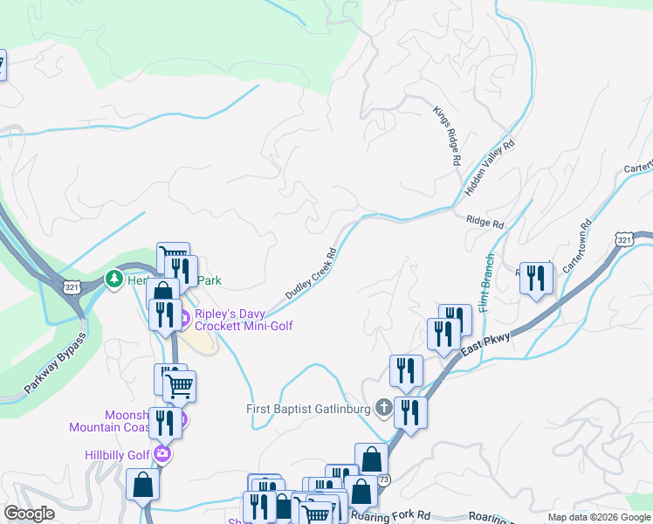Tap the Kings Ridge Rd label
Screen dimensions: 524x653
(x=445, y=136)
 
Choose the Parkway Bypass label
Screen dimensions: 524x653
(x=56, y=362)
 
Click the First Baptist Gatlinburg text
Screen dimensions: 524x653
(x=305, y=408)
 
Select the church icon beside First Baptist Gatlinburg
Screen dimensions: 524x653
(x=383, y=408)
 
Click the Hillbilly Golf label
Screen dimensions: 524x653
(x=117, y=454)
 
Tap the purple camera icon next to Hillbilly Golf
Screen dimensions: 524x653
(x=161, y=454)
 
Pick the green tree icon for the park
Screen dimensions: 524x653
(x=113, y=279)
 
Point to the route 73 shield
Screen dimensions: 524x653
(x=384, y=479)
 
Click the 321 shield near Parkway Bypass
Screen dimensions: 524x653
(x=72, y=286)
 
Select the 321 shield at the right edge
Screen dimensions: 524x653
(x=623, y=238)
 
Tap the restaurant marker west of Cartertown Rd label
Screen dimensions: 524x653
(x=536, y=279)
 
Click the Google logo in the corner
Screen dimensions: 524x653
(x=29, y=514)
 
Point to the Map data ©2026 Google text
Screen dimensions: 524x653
(x=599, y=517)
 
